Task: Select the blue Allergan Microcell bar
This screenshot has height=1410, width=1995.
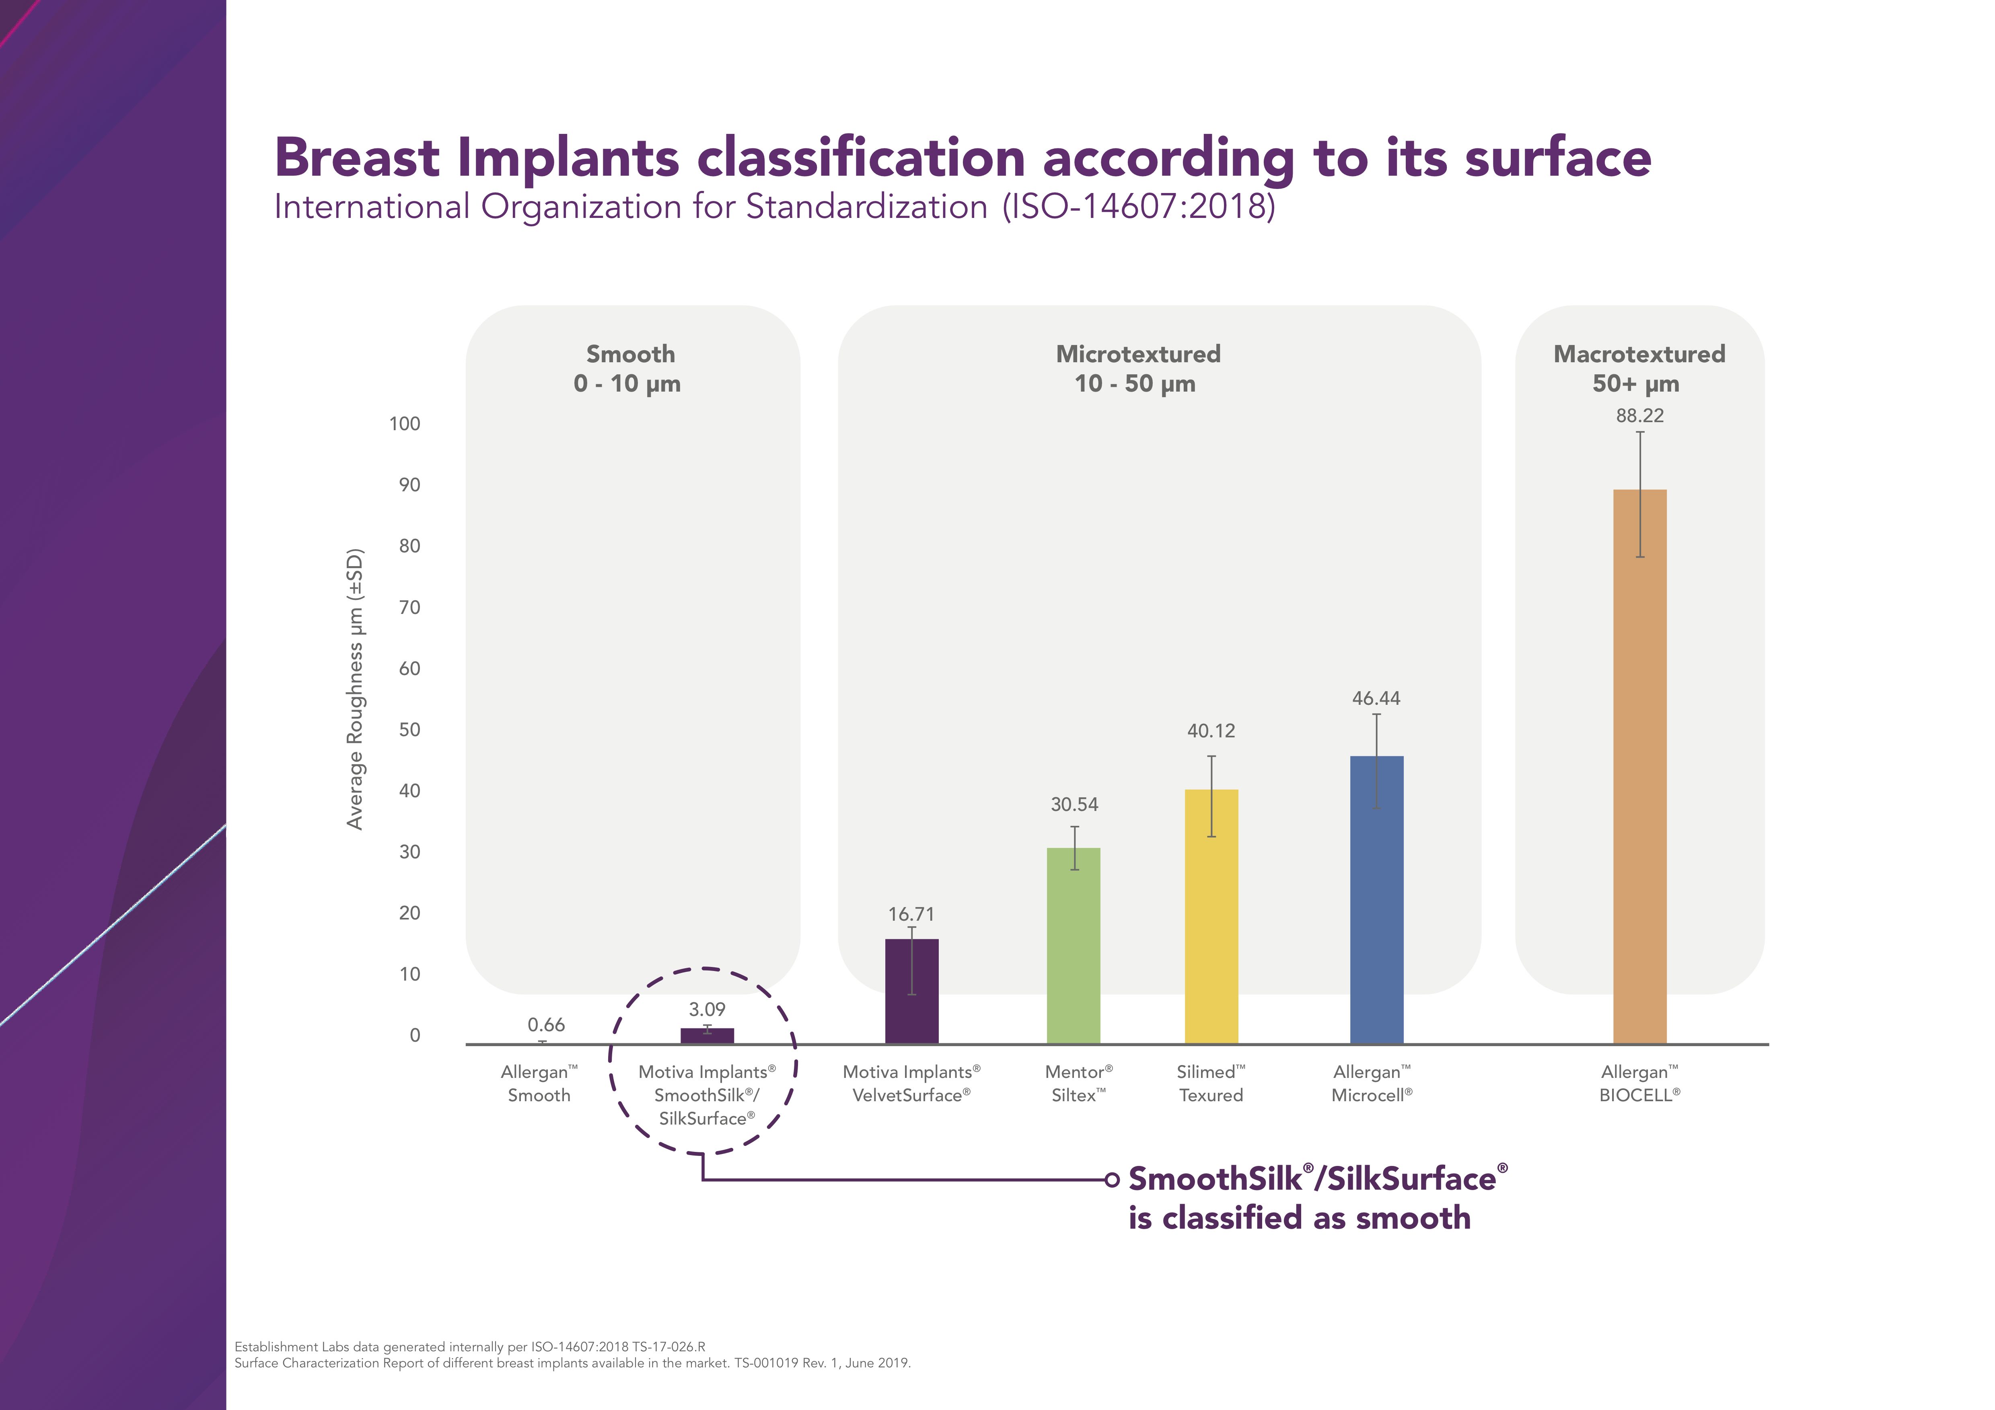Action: pyautogui.click(x=1376, y=899)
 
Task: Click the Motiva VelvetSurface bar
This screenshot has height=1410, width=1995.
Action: pyautogui.click(x=911, y=990)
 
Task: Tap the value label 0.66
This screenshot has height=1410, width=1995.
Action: pyautogui.click(x=546, y=1025)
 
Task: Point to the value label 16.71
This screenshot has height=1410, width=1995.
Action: pyautogui.click(x=911, y=914)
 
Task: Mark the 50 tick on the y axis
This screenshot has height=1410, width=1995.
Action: pyautogui.click(x=409, y=730)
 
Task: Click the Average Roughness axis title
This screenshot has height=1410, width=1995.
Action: pyautogui.click(x=354, y=689)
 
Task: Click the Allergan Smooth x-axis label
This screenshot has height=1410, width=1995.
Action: pyautogui.click(x=539, y=1084)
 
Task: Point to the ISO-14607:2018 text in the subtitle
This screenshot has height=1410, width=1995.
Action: pyautogui.click(x=1138, y=207)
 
